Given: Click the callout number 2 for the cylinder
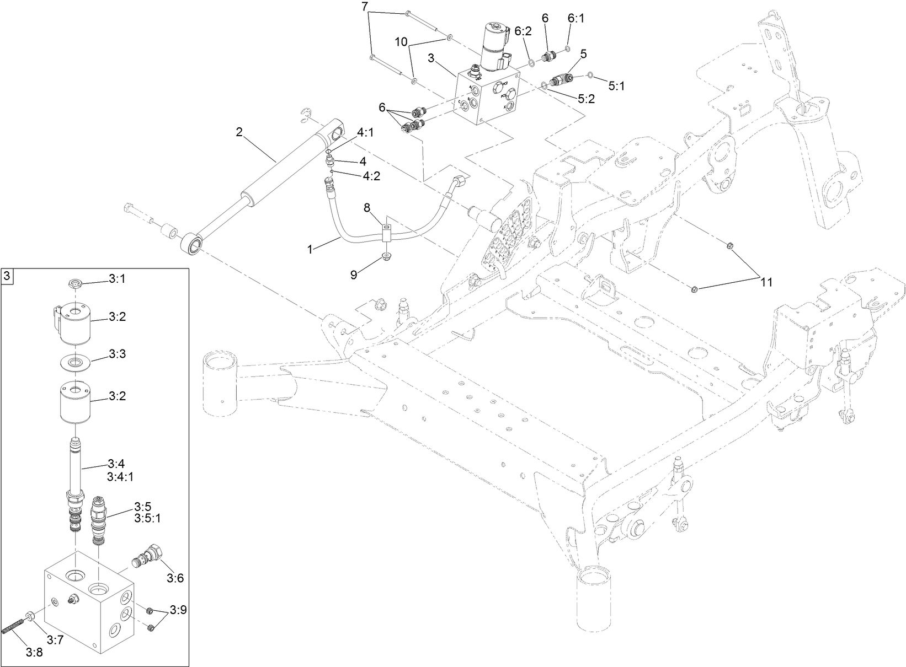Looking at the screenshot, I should pos(239,132).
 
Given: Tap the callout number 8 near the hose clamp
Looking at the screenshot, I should pos(366,208).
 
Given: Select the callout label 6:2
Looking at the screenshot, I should pos(523,31).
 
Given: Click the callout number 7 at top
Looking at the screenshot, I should pos(364,7).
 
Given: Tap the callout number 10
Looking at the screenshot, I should pos(401,41).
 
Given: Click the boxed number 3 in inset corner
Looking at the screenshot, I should pos(7,276).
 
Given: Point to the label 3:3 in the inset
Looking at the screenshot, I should pos(117,353).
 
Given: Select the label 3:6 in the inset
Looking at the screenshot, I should pos(175,578).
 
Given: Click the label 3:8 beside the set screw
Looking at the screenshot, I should pos(34,653).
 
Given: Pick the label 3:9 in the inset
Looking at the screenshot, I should pos(178,610).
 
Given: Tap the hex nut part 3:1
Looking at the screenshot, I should pos(75,284).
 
